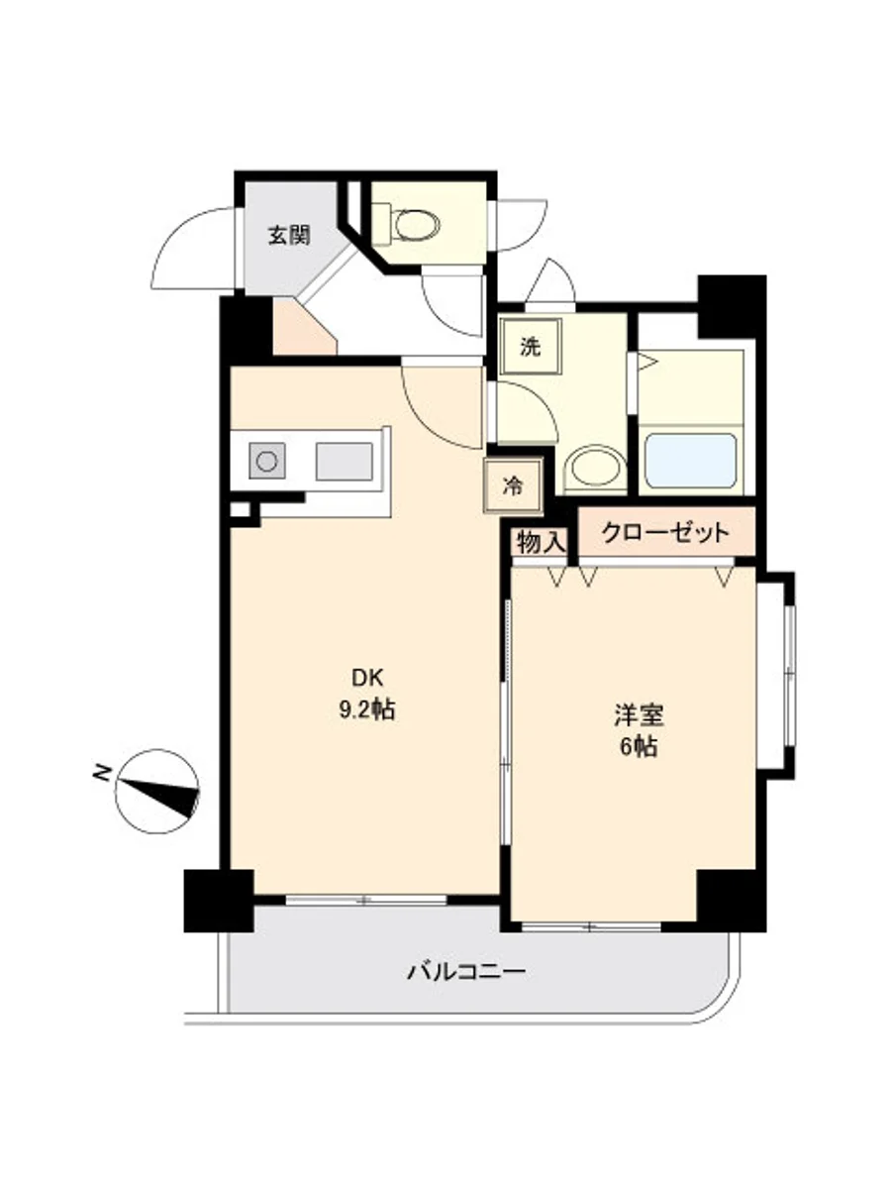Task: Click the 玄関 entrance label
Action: click(289, 236)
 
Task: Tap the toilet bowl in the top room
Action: click(416, 224)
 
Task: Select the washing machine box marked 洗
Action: click(531, 347)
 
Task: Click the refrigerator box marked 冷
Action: click(512, 486)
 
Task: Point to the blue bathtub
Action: click(691, 460)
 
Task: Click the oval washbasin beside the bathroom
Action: click(594, 469)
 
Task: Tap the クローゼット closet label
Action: click(665, 533)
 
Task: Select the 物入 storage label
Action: click(542, 542)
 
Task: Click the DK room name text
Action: click(367, 678)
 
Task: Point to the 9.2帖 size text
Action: click(367, 710)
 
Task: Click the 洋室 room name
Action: click(639, 714)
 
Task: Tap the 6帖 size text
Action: click(639, 746)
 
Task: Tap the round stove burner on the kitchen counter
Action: click(267, 462)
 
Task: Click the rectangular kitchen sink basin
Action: click(345, 462)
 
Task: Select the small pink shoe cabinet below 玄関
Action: click(304, 327)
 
